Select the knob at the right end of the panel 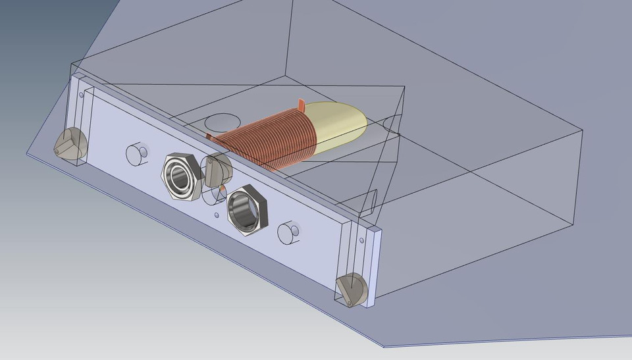coord(352,290)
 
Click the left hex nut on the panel coord(179,176)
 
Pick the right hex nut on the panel coord(248,209)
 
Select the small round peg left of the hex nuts coord(137,153)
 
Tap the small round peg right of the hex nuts coord(288,233)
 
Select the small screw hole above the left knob coord(81,95)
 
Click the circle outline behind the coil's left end coord(223,122)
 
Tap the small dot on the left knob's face coord(58,151)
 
